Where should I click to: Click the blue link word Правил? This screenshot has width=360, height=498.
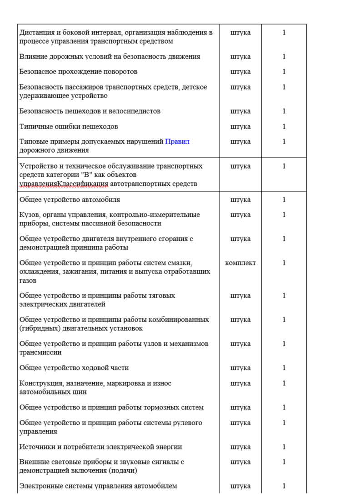pos(177,141)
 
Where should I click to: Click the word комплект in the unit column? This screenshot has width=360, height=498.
pos(240,263)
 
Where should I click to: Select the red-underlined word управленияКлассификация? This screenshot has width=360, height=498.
pos(64,184)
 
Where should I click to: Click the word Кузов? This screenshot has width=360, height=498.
pos(28,214)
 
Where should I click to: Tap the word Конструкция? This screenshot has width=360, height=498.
pos(40,383)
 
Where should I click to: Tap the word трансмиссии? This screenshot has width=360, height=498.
pos(40,353)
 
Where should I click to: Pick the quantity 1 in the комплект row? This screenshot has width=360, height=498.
pos(284,263)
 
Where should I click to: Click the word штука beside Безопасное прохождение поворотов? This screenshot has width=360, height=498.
pos(240,72)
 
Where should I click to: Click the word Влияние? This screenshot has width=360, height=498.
pos(34,57)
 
